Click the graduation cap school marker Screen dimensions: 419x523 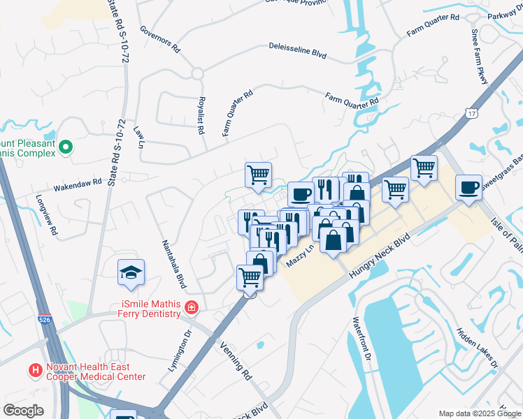coord(131,273)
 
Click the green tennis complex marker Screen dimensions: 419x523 coord(66,147)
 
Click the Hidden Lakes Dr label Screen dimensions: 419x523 coord(477,348)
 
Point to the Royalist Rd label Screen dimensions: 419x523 coord(201,115)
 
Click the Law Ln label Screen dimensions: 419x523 coord(138,138)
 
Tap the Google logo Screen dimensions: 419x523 coord(23,410)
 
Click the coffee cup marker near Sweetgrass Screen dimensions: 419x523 coord(468,187)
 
